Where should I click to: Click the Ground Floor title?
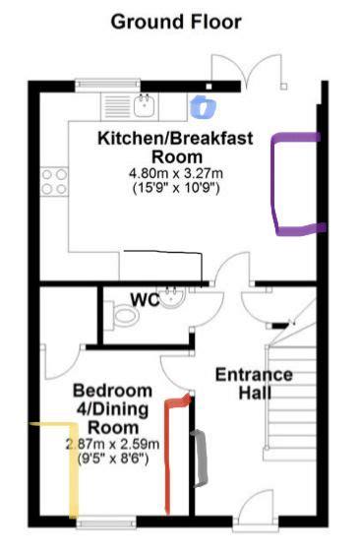(175, 21)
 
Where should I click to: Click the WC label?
(145, 299)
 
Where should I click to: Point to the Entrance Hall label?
(254, 384)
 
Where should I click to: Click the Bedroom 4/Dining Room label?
(113, 408)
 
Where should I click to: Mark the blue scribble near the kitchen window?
(204, 104)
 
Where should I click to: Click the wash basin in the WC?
(173, 296)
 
